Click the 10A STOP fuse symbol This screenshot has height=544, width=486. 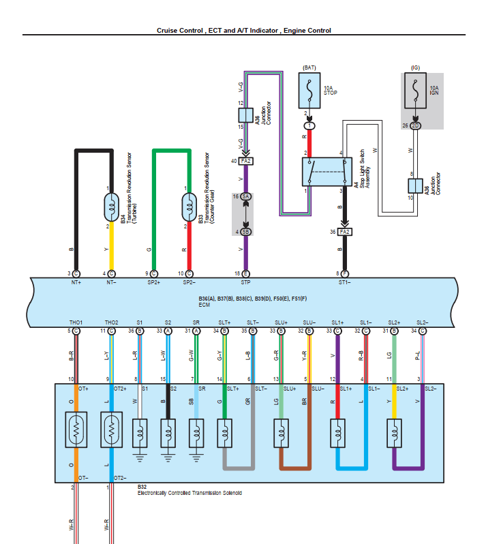click(x=310, y=90)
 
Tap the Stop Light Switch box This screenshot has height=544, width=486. click(x=326, y=171)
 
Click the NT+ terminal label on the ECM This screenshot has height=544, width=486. click(x=75, y=282)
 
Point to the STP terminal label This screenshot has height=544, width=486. click(x=245, y=282)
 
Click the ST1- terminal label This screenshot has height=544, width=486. click(x=345, y=282)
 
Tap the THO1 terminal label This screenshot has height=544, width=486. click(x=75, y=322)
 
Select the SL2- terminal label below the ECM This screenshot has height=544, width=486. click(x=423, y=322)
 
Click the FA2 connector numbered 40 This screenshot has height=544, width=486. click(x=245, y=161)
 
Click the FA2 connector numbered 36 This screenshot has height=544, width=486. click(x=345, y=232)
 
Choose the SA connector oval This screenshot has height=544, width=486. click(x=245, y=196)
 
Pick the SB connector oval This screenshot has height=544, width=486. click(x=245, y=232)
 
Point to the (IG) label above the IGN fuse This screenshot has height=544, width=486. click(x=415, y=67)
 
